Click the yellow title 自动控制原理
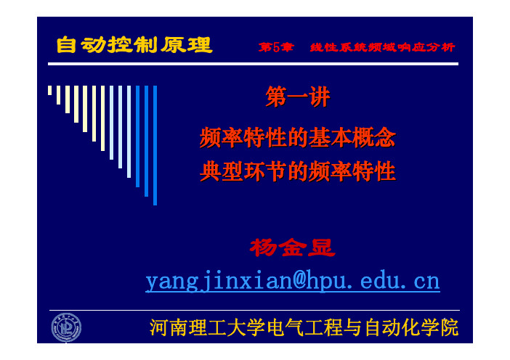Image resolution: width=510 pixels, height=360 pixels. pyautogui.click(x=134, y=45)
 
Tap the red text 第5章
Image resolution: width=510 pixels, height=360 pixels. pyautogui.click(x=276, y=47)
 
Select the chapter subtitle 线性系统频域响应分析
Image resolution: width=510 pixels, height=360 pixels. pyautogui.click(x=382, y=47)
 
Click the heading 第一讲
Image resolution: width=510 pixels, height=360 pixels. pyautogui.click(x=298, y=97)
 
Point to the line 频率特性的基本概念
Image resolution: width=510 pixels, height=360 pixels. pyautogui.click(x=298, y=137)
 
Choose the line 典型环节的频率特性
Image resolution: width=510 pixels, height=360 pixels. pyautogui.click(x=298, y=171)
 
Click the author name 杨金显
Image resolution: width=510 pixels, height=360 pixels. pyautogui.click(x=292, y=247)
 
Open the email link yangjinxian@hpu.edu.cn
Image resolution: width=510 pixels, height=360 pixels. pyautogui.click(x=293, y=281)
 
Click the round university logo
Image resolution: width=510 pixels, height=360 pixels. pyautogui.click(x=66, y=327)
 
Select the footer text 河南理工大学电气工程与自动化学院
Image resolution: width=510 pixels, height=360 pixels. pyautogui.click(x=304, y=327)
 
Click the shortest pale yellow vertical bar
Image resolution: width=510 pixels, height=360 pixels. pyautogui.click(x=49, y=90)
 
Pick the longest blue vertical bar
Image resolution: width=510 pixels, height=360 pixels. pyautogui.click(x=155, y=145)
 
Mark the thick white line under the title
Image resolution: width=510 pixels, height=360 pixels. pyautogui.click(x=253, y=64)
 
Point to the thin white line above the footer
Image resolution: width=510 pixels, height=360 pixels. pyautogui.click(x=254, y=311)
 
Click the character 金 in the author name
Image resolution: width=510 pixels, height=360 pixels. pyautogui.click(x=292, y=247)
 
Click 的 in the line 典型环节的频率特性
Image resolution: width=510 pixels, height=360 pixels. pyautogui.click(x=298, y=171)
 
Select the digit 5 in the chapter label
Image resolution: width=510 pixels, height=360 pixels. pyautogui.click(x=276, y=47)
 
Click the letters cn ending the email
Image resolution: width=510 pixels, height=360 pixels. pyautogui.click(x=426, y=282)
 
